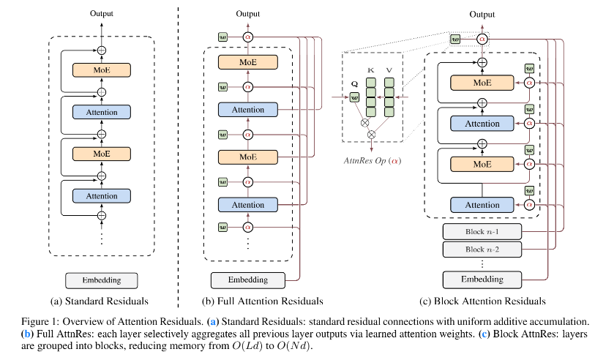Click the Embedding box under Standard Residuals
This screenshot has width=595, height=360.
pos(101,280)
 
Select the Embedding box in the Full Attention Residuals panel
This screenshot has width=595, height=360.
pos(248,280)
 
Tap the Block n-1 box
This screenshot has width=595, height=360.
pos(482,232)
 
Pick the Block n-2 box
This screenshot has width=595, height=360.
pos(482,250)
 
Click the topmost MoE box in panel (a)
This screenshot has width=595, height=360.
pos(102,70)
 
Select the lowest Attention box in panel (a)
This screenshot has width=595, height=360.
pos(102,196)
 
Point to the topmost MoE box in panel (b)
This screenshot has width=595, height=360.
pos(248,62)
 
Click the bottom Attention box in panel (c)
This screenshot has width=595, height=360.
pos(482,205)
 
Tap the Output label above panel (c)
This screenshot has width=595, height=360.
pos(482,15)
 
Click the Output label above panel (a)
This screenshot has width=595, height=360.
pos(101,13)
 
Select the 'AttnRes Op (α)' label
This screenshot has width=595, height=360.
pos(373,160)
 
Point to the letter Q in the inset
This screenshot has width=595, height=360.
pos(354,84)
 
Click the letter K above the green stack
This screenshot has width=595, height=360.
pos(371,70)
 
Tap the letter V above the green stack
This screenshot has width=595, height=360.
pos(389,70)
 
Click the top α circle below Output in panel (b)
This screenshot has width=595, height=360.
pos(248,37)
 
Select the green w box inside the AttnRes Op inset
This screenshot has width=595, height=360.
pos(354,97)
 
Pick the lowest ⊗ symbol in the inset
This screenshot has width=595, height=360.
pos(372,135)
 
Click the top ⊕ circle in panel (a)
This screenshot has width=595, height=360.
pos(101,50)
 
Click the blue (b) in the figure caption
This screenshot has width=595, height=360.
pos(27,334)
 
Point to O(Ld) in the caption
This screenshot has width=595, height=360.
pos(247,346)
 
